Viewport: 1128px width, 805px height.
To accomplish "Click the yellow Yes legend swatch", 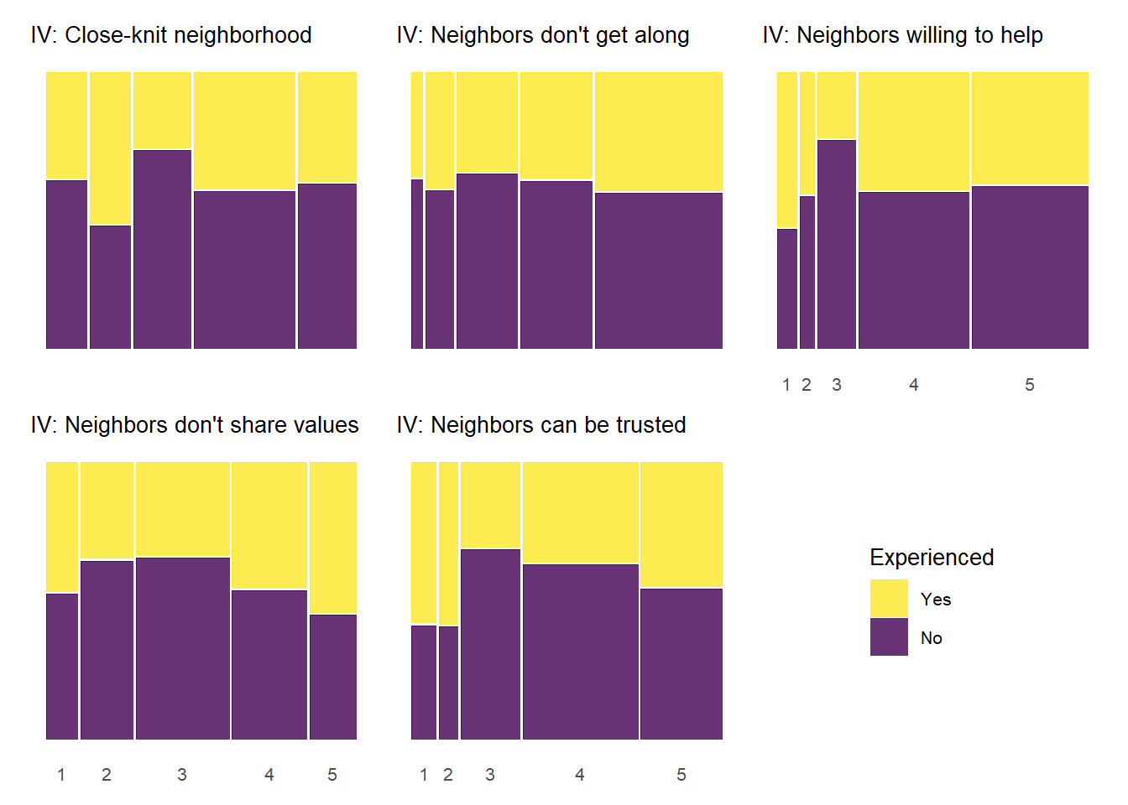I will [x=889, y=598].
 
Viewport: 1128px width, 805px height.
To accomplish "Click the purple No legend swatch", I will [x=889, y=636].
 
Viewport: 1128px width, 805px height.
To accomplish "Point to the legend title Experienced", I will [x=932, y=558].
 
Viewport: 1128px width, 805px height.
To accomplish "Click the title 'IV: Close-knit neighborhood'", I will [x=171, y=35].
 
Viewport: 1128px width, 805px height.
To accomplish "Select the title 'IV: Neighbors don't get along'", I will [x=543, y=35].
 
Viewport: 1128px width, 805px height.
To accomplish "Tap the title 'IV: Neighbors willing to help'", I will [x=902, y=35].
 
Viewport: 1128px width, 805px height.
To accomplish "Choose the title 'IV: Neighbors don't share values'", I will [x=195, y=425].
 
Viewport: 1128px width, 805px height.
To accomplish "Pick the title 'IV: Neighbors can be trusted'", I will [x=541, y=425].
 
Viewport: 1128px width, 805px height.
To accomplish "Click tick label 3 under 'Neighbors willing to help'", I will [x=837, y=385].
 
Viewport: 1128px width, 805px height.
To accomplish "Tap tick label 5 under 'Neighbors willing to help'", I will [x=1030, y=385].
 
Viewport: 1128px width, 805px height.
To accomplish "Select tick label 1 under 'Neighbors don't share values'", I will [x=61, y=775].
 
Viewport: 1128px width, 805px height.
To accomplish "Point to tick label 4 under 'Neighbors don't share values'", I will [x=269, y=775].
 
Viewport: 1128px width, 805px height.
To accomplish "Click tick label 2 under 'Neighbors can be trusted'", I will [x=448, y=775].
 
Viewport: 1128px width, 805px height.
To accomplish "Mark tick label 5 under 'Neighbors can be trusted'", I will [x=681, y=775].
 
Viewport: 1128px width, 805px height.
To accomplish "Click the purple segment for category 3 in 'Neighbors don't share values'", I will [x=183, y=648].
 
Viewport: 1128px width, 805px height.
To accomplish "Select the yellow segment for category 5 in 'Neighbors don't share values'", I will [x=333, y=538].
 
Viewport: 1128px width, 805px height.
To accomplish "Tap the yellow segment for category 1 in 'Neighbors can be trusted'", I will [x=424, y=543].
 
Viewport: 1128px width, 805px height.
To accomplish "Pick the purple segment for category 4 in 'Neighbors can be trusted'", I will [x=581, y=652].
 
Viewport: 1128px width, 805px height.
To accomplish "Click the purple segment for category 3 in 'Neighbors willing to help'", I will [x=837, y=244].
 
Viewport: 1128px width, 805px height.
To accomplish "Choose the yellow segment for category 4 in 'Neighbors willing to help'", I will [x=914, y=132].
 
